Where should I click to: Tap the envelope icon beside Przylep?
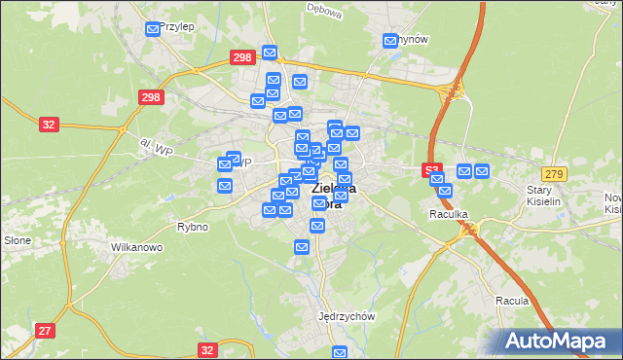point(153,30)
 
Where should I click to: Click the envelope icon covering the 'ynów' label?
point(390,41)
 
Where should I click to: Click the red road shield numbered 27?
point(45,331)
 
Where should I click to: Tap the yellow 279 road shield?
point(555,173)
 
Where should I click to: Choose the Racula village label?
point(511,301)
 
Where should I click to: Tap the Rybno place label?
point(193,227)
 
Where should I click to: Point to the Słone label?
point(18,239)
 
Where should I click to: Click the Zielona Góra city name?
point(332,196)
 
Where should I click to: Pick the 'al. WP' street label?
point(155,147)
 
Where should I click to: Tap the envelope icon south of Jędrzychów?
point(340,352)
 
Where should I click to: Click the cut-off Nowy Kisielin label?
point(612,202)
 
